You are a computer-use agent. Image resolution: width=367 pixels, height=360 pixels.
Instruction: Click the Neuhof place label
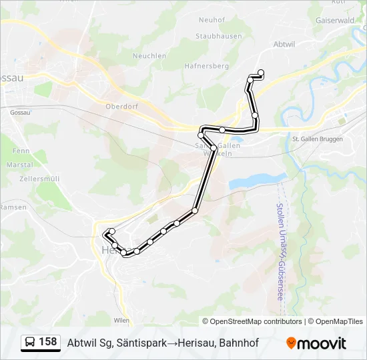[212, 21]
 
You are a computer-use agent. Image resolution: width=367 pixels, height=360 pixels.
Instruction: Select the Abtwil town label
[284, 43]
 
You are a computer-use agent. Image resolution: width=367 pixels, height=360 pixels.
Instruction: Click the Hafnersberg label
[208, 66]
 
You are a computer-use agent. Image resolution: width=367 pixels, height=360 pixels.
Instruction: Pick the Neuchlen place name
[149, 56]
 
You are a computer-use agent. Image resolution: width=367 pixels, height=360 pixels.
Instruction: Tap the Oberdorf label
[121, 105]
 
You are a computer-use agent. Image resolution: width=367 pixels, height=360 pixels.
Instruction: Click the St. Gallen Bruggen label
[318, 139]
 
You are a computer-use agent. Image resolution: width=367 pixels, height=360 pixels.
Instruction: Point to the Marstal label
[19, 164]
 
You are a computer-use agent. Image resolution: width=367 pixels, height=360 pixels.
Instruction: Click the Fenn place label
[21, 151]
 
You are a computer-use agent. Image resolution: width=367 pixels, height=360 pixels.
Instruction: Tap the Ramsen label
[13, 207]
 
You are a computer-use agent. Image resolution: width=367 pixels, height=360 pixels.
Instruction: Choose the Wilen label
[121, 320]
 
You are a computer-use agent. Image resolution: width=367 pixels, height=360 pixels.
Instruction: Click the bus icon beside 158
[30, 342]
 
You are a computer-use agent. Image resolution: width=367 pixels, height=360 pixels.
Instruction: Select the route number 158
[47, 342]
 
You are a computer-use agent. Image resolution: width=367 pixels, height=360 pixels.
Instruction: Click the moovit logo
[316, 343]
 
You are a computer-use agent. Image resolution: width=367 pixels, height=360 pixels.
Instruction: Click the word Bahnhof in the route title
[239, 343]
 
